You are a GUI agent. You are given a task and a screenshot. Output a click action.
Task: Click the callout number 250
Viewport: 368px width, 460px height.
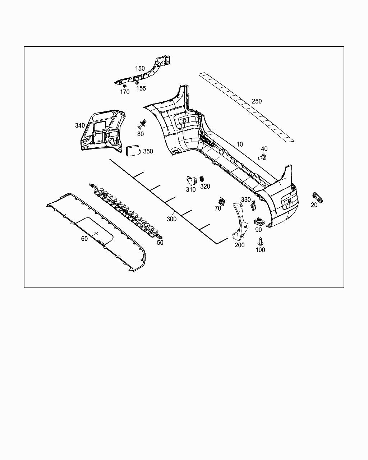(x=257, y=101)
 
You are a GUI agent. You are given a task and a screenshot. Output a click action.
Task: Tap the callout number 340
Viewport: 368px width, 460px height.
(x=80, y=125)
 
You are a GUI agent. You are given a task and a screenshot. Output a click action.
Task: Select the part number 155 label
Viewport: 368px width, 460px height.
(x=141, y=88)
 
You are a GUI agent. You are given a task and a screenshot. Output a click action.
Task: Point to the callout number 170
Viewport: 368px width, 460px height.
(x=125, y=92)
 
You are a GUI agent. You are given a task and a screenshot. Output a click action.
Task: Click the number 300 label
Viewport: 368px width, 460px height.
(x=171, y=219)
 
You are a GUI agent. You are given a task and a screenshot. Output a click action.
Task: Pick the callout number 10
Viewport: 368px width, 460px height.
(x=239, y=144)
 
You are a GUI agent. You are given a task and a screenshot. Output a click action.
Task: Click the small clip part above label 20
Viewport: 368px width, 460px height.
(x=318, y=197)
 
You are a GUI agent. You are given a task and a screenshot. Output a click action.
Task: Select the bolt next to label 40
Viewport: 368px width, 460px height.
(x=263, y=157)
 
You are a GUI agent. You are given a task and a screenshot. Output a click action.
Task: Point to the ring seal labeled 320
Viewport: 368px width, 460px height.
(x=202, y=178)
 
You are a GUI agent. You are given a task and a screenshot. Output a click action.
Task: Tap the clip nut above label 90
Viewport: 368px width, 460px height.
(x=259, y=221)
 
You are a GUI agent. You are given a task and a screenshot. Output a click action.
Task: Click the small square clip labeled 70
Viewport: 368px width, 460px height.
(x=221, y=201)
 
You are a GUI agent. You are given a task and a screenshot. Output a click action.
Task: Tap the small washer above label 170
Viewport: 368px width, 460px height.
(x=125, y=86)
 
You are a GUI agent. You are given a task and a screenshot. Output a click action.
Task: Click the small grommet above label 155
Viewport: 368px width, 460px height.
(x=137, y=83)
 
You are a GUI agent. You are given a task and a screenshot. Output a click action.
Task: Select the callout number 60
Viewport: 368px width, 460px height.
(x=84, y=239)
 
